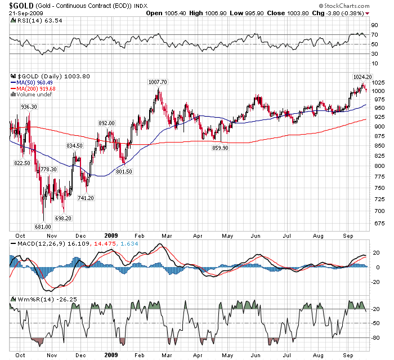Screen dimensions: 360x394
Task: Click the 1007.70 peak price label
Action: pos(158,82)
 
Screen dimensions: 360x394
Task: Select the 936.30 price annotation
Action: pos(29,106)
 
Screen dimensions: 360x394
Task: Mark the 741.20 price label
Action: pos(86,198)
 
